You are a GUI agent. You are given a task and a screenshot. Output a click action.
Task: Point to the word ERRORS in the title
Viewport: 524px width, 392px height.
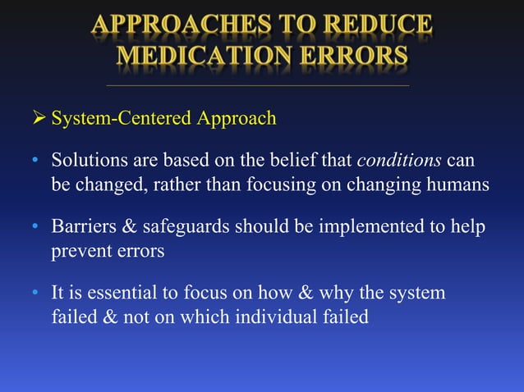[x=359, y=56]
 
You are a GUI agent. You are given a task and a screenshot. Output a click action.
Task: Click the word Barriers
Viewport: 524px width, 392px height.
[x=81, y=226]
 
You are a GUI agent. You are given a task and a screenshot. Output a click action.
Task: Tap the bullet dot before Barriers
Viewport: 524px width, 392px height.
[x=36, y=226]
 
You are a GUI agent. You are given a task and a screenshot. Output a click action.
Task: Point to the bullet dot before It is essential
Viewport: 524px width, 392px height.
[x=36, y=294]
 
